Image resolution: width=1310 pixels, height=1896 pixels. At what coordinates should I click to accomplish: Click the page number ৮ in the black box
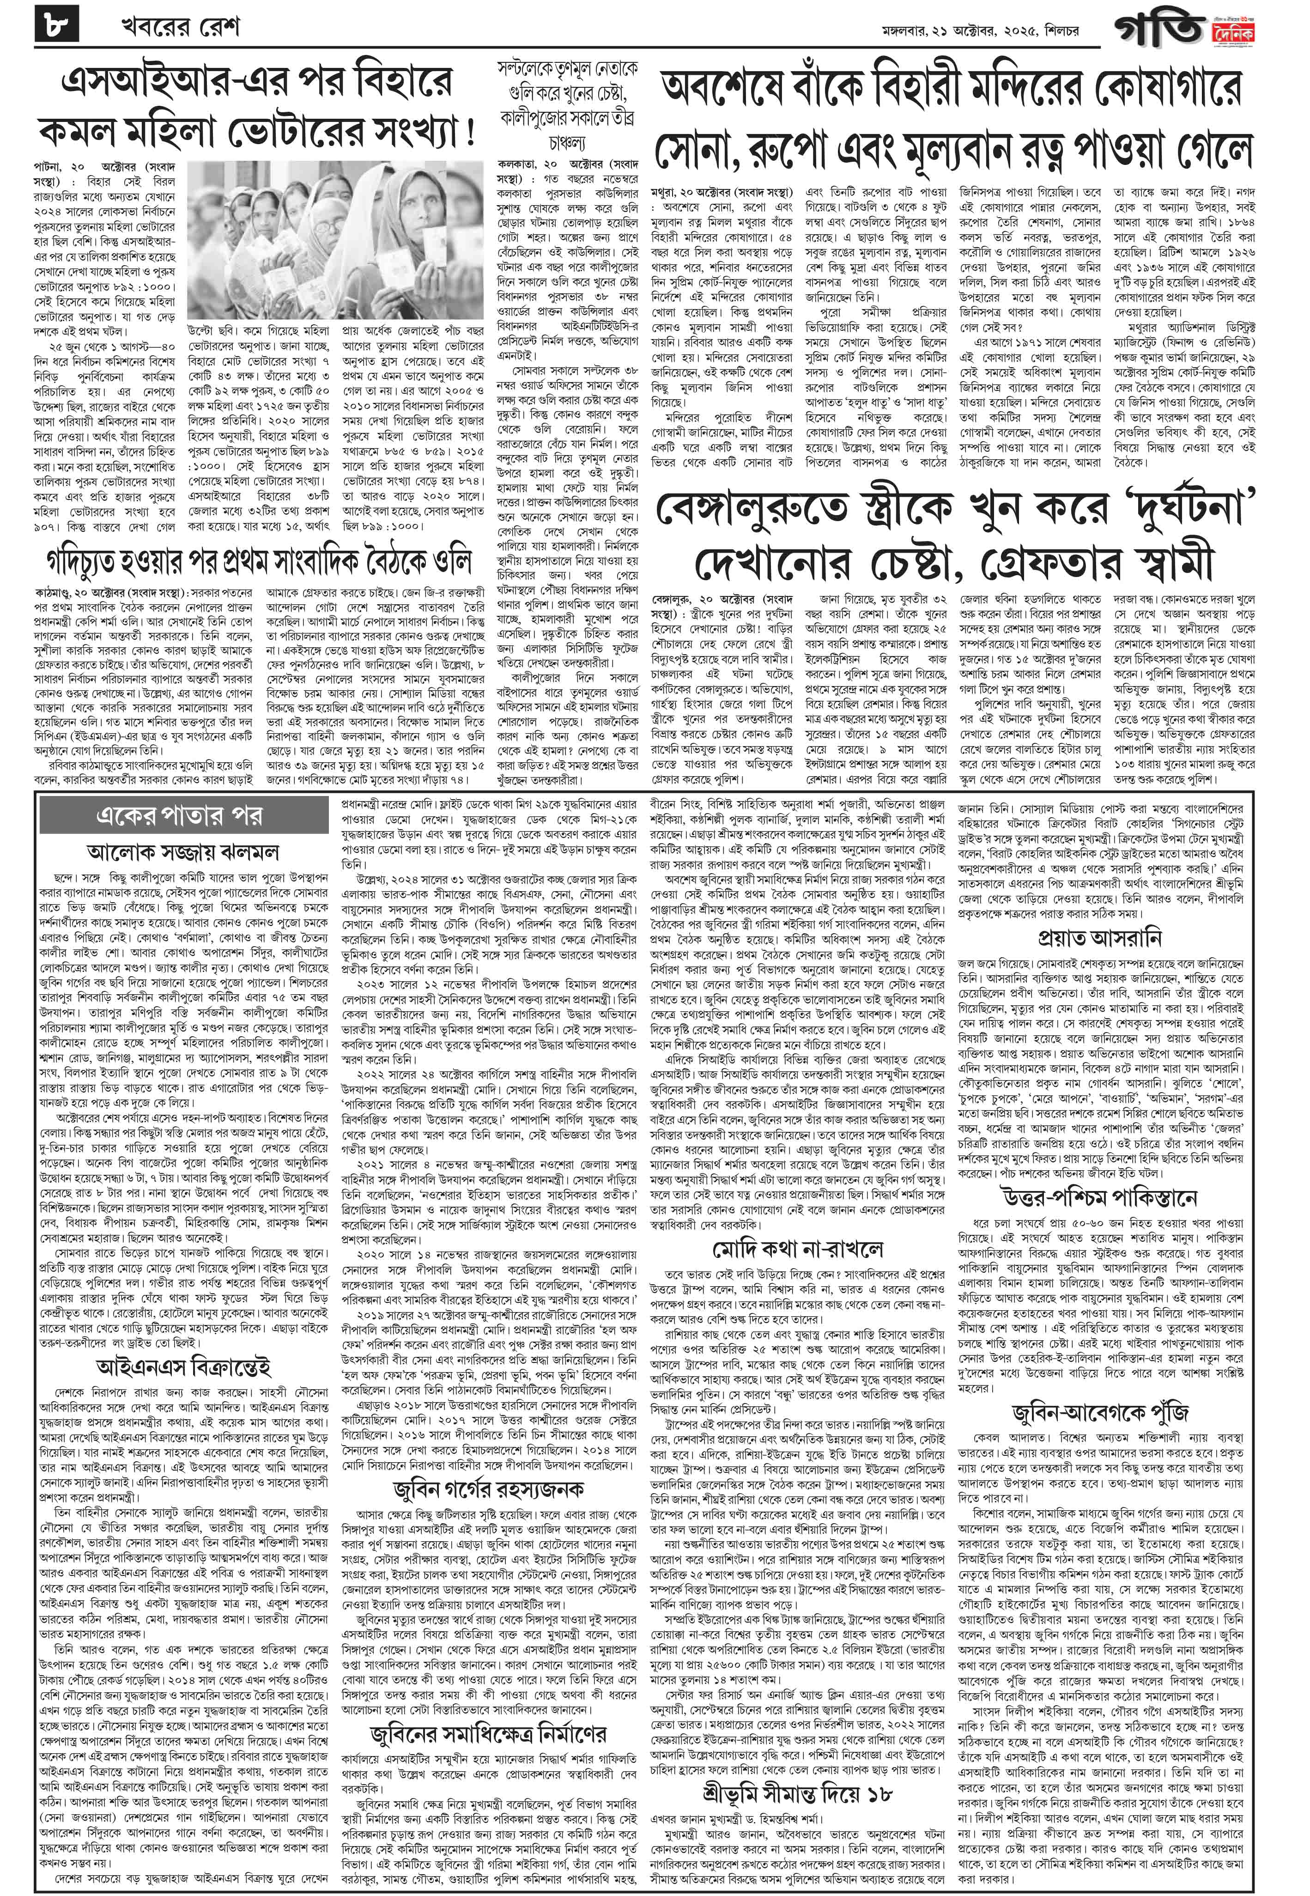tap(57, 27)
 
